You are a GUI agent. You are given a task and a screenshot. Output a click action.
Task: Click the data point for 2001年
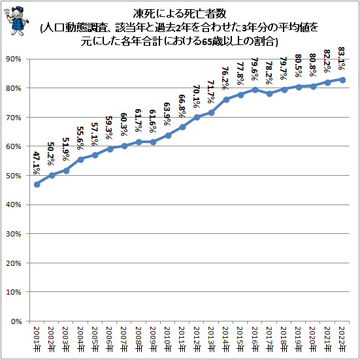tap(37, 184)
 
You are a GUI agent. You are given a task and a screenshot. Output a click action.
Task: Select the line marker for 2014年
tap(226, 99)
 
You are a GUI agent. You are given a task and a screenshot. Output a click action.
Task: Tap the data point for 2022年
tap(342, 80)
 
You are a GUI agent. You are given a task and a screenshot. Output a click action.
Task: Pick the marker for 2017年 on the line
tap(270, 93)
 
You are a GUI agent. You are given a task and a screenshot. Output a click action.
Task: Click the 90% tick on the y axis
tap(14, 59)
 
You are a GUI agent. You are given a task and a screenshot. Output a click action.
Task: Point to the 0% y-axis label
tap(16, 321)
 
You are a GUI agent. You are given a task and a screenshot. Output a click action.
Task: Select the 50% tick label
tap(14, 176)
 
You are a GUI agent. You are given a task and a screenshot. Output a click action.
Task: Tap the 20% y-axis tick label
tap(14, 263)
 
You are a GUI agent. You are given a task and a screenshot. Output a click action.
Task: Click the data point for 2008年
tap(139, 142)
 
